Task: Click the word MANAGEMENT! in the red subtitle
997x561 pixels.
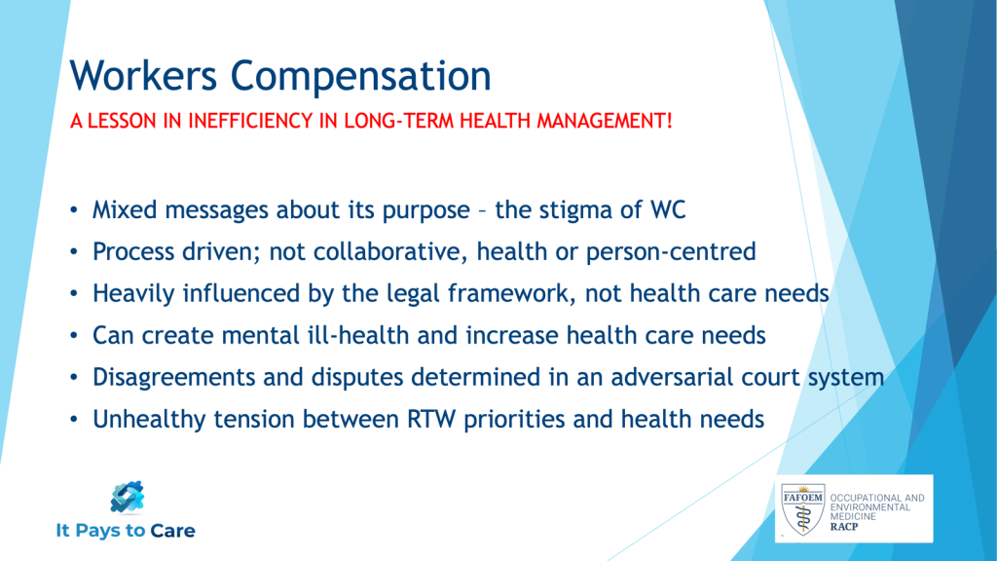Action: [604, 120]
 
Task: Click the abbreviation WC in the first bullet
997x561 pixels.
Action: [668, 210]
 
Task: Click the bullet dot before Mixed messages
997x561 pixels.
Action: [74, 210]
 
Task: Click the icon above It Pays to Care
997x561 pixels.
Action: [128, 497]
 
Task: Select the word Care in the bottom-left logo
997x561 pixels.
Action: [172, 531]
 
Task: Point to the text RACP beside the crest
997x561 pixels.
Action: [844, 527]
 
